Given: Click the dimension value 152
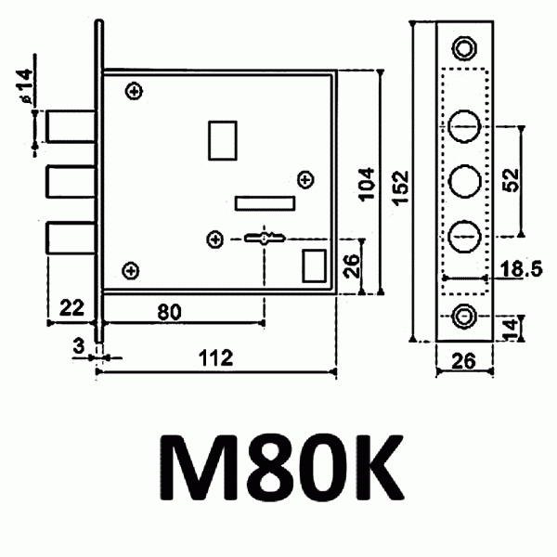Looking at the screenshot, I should (399, 183).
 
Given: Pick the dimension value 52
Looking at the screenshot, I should (510, 179).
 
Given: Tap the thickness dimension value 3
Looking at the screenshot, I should (79, 345).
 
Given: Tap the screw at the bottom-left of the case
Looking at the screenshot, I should (131, 270).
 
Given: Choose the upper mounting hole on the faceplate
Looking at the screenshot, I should (463, 47).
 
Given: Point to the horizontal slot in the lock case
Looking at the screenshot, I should (265, 202).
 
